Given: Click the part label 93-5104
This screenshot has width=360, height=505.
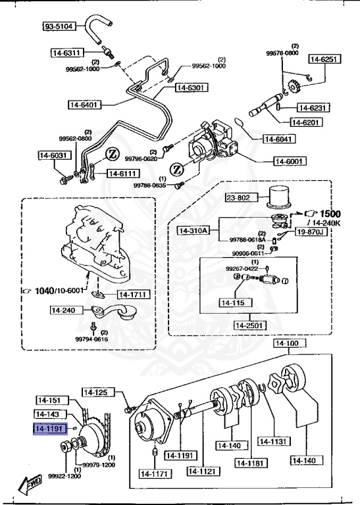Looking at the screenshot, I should (x=59, y=27).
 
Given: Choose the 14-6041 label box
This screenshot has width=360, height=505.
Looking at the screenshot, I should (x=280, y=139).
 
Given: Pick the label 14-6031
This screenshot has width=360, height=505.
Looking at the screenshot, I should (x=53, y=156).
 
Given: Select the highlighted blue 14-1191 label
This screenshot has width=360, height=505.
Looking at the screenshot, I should (x=50, y=427).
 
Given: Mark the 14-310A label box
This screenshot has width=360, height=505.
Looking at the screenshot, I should (x=193, y=231).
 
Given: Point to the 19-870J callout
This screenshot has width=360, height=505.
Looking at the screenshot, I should (x=310, y=232).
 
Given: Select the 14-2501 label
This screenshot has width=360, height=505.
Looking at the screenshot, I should (x=249, y=325).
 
